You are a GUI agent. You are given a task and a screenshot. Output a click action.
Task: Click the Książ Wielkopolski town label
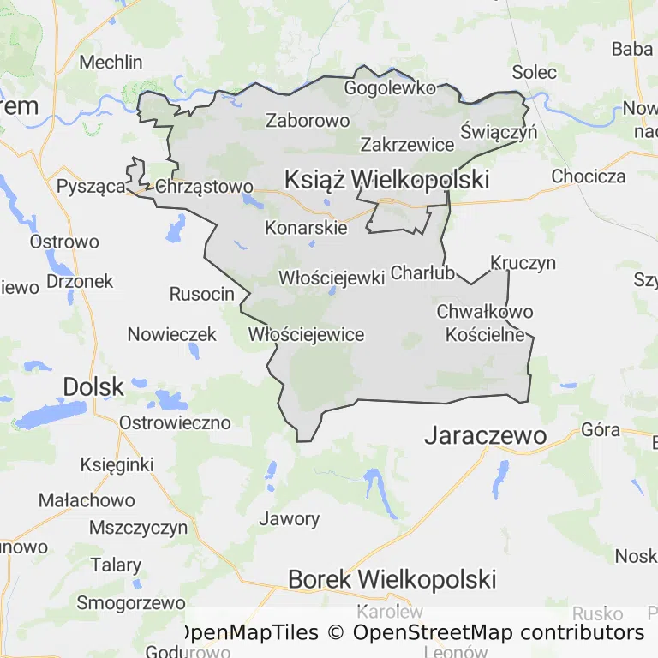pyautogui.click(x=386, y=180)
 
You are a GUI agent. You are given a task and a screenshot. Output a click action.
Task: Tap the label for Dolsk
pyautogui.click(x=93, y=387)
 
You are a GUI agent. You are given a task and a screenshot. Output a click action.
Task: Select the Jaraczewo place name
pyautogui.click(x=485, y=436)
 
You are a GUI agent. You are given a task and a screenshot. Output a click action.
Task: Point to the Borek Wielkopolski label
pyautogui.click(x=392, y=579)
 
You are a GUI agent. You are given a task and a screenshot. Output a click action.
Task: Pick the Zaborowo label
pyautogui.click(x=308, y=121)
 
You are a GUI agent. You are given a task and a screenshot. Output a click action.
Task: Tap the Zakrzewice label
pyautogui.click(x=407, y=144)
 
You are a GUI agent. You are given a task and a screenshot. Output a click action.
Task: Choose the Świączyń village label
pyautogui.click(x=498, y=132)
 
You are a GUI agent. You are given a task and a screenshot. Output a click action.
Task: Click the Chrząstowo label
pyautogui.click(x=206, y=187)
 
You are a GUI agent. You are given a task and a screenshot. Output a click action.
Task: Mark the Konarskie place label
pyautogui.click(x=306, y=228)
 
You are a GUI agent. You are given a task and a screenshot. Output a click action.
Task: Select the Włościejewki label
pyautogui.click(x=332, y=278)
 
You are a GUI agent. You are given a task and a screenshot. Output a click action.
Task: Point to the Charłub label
pyautogui.click(x=422, y=274)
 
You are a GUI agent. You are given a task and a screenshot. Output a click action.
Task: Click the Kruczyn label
pyautogui.click(x=523, y=263)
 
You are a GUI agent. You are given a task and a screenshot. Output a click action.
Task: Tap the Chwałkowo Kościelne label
pyautogui.click(x=485, y=323)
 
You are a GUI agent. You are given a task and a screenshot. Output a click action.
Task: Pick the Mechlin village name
pyautogui.click(x=111, y=62)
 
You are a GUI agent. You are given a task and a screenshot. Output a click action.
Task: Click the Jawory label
pyautogui.click(x=290, y=518)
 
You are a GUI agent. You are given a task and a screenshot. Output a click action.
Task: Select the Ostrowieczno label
pyautogui.click(x=175, y=422)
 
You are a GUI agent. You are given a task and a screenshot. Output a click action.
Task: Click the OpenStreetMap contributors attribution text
pyautogui.click(x=498, y=633)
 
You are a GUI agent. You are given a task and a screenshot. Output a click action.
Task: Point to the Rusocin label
pyautogui.click(x=201, y=294)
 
